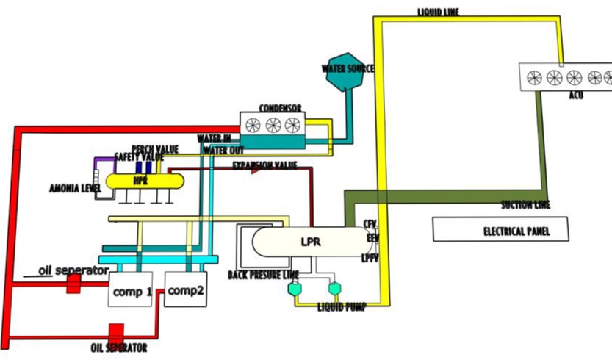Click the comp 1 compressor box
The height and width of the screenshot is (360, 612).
click(x=131, y=291)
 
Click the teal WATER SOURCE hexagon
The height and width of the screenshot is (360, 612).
click(x=346, y=71)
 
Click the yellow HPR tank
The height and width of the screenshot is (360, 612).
click(x=141, y=179)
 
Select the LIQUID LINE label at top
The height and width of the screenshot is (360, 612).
click(x=439, y=12)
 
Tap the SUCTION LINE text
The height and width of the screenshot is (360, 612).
click(x=525, y=205)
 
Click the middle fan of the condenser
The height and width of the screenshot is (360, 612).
click(x=273, y=125)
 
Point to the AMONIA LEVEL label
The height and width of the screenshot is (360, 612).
click(x=73, y=188)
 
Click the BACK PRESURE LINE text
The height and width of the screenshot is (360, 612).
click(x=264, y=275)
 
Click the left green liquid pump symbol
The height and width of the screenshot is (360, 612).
click(x=296, y=289)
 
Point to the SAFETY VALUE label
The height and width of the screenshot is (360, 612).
click(x=139, y=157)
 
